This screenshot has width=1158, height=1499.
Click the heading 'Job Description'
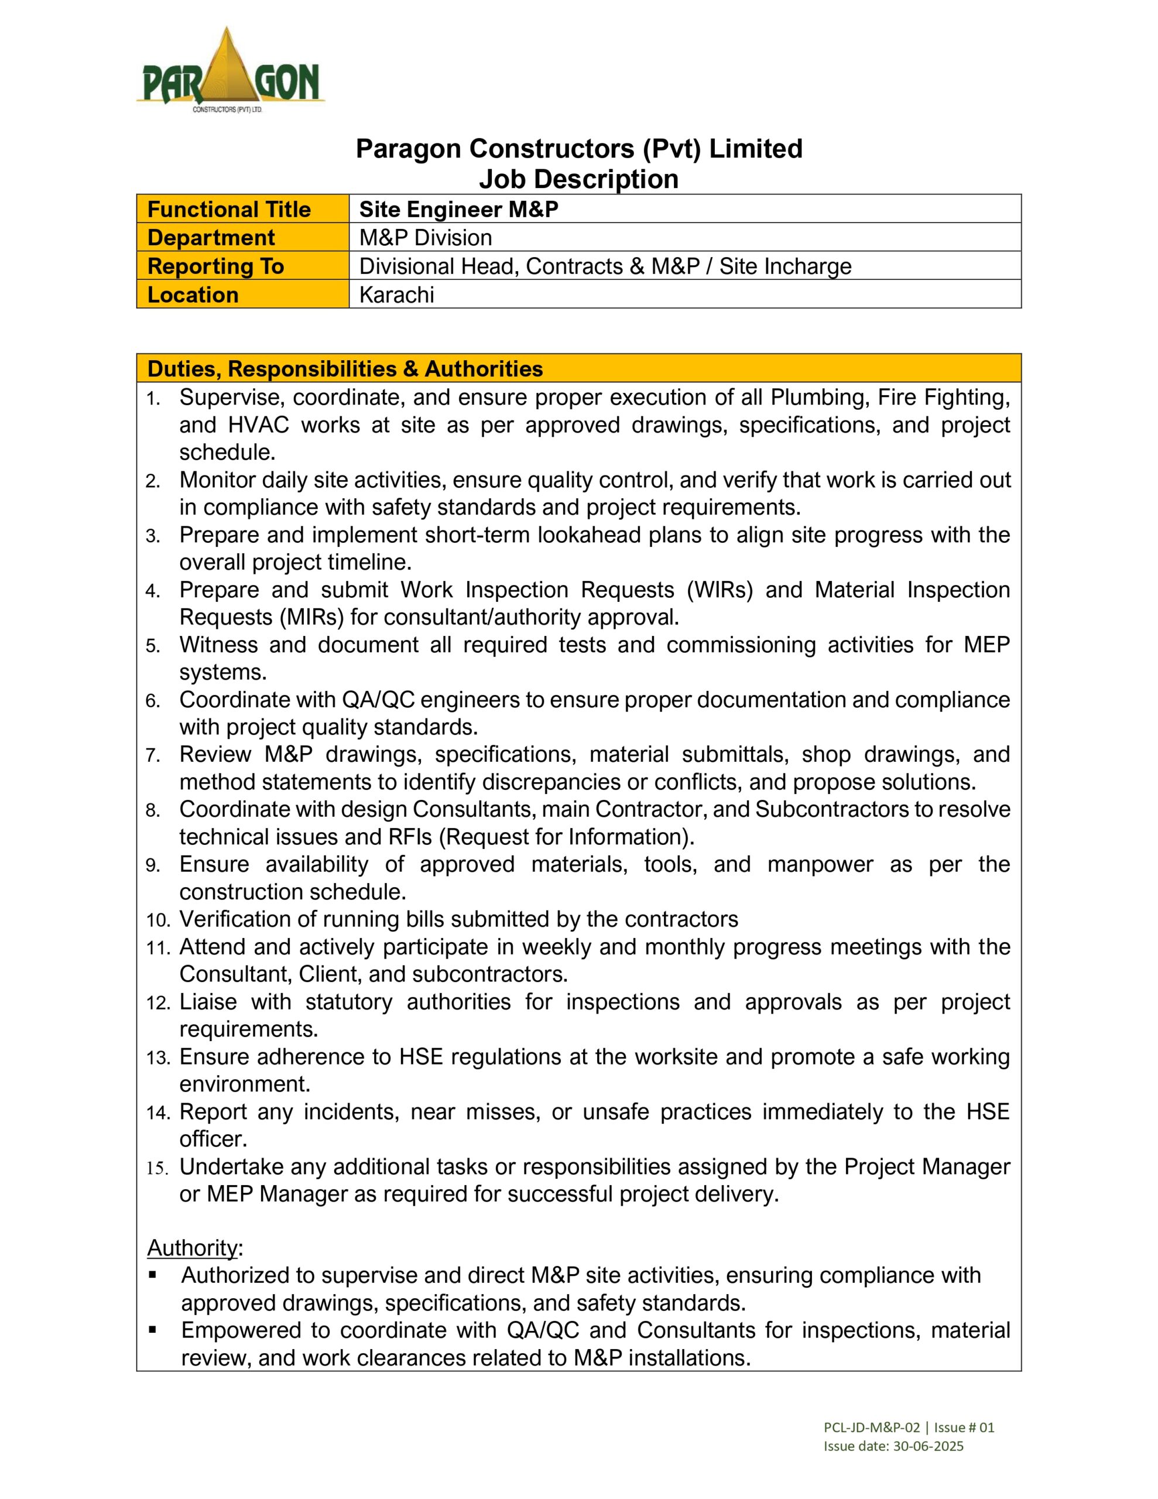point(578,179)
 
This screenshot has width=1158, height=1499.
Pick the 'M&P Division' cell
point(426,238)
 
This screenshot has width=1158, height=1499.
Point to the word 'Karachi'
point(397,295)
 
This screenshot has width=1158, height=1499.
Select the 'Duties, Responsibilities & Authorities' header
point(345,369)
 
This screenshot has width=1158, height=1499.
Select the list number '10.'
point(158,920)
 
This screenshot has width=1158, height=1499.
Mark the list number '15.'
point(158,1168)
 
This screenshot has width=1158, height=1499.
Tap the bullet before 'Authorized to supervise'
point(152,1275)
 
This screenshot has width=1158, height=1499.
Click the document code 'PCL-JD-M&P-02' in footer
point(871,1428)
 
